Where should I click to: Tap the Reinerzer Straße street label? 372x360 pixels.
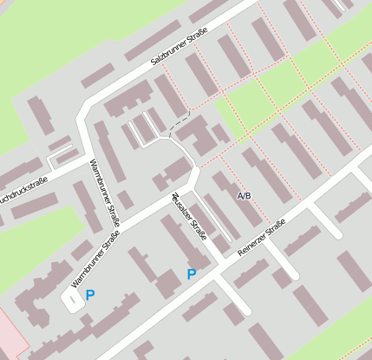point(262,236)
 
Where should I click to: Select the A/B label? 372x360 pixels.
point(245,196)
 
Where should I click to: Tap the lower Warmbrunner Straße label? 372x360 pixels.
point(95,258)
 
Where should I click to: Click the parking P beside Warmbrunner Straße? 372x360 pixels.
point(89,295)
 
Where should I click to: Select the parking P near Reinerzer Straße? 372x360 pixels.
point(191,274)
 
